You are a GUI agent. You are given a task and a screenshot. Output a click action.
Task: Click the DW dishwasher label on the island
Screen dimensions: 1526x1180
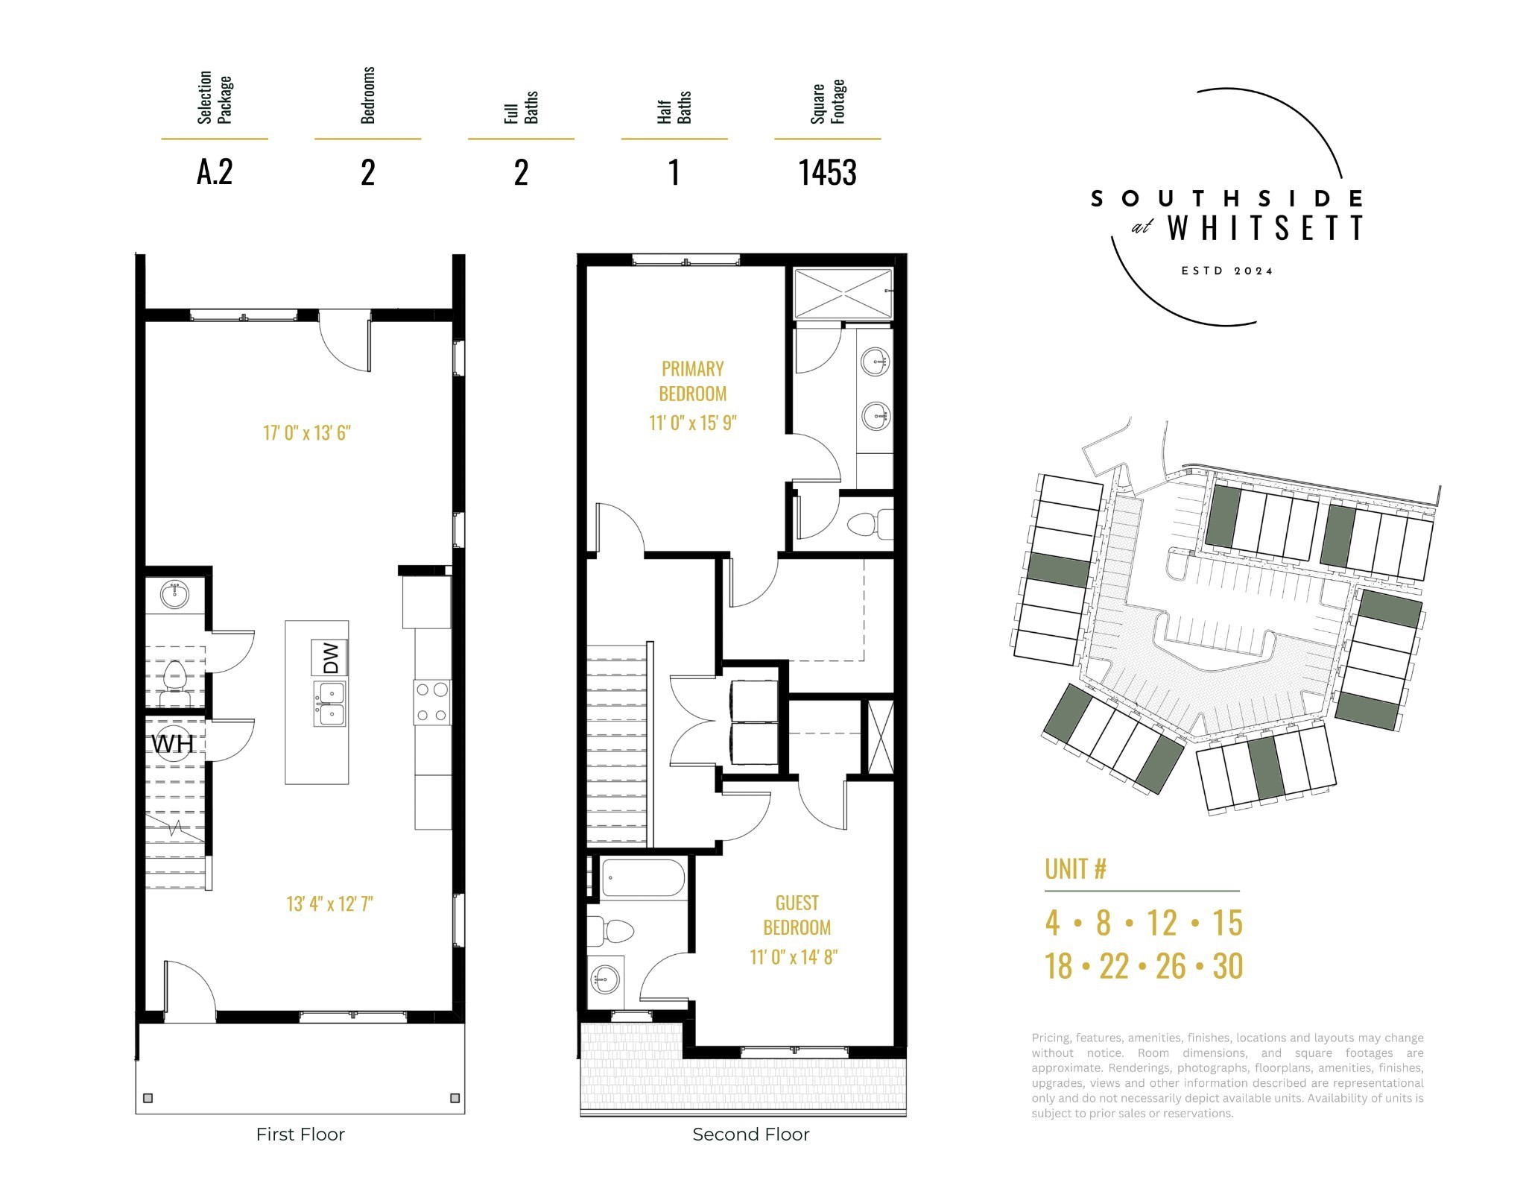pyautogui.click(x=329, y=657)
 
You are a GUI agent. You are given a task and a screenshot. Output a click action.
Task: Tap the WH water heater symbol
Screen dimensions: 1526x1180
pyautogui.click(x=173, y=744)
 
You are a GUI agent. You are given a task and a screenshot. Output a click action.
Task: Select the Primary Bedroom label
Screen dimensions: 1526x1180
pyautogui.click(x=693, y=381)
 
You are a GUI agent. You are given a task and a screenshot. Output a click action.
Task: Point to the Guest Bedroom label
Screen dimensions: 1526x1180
pyautogui.click(x=797, y=915)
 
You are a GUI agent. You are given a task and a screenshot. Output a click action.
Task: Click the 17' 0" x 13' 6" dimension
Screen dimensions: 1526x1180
pyautogui.click(x=307, y=432)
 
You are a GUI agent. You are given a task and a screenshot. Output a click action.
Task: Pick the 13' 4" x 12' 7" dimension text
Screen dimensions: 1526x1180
pyautogui.click(x=329, y=903)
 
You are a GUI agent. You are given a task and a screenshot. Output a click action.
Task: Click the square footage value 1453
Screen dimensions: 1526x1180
pyautogui.click(x=827, y=173)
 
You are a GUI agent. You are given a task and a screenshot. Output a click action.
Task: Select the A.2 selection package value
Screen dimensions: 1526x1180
pyautogui.click(x=215, y=172)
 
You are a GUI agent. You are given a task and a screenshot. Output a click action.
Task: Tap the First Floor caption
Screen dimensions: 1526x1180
pyautogui.click(x=300, y=1135)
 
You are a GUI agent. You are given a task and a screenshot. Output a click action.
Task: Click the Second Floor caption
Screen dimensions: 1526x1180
pyautogui.click(x=750, y=1135)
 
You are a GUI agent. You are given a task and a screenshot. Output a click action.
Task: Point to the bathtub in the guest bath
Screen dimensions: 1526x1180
pyautogui.click(x=642, y=878)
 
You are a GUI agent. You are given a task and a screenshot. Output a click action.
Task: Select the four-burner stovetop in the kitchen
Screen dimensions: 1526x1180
pyautogui.click(x=432, y=702)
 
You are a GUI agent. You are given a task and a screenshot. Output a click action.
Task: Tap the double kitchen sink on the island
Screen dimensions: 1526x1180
pyautogui.click(x=329, y=703)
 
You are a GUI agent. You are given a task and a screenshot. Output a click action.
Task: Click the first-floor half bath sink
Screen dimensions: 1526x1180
pyautogui.click(x=174, y=594)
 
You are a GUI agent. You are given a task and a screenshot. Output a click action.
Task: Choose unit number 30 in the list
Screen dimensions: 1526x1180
pyautogui.click(x=1227, y=966)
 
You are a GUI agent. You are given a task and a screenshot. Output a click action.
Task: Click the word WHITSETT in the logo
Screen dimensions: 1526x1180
pyautogui.click(x=1265, y=228)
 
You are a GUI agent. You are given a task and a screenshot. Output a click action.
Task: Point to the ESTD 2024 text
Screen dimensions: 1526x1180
pyautogui.click(x=1227, y=271)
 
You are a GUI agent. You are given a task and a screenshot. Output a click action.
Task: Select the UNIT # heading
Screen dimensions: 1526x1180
pyautogui.click(x=1075, y=868)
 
